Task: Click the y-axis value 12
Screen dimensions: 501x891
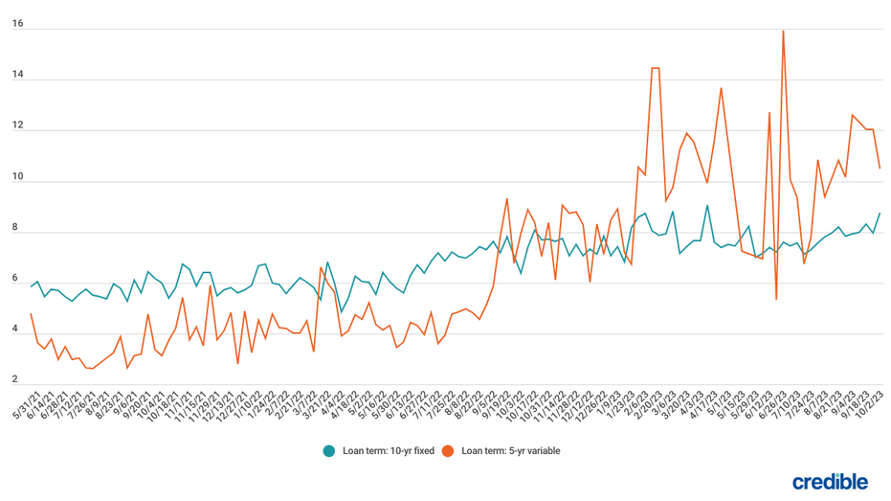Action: pyautogui.click(x=17, y=126)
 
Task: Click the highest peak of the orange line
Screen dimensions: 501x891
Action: pyautogui.click(x=783, y=31)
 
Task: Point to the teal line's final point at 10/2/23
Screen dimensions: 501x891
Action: pyautogui.click(x=880, y=213)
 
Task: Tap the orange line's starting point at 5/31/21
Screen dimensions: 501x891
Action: pyautogui.click(x=31, y=313)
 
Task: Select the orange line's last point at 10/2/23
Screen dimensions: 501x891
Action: pyautogui.click(x=880, y=169)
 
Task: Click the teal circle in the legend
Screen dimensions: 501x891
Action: pyautogui.click(x=329, y=450)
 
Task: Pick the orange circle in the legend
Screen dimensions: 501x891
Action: pyautogui.click(x=448, y=450)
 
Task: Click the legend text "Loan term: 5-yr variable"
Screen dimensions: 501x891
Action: pyautogui.click(x=510, y=450)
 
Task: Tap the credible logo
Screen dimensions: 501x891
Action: pyautogui.click(x=831, y=481)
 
